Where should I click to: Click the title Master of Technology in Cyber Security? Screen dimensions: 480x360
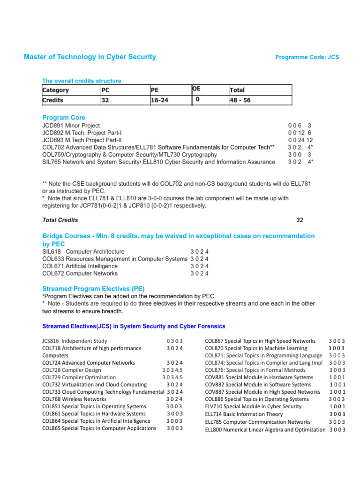pos(90,57)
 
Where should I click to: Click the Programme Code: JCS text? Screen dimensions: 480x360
pos(307,58)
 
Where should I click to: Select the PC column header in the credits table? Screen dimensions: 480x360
pos(105,90)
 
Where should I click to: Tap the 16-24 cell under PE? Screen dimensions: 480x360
pos(160,100)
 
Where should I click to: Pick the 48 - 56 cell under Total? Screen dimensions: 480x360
pos(240,100)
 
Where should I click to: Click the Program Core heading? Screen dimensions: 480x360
pos(64,118)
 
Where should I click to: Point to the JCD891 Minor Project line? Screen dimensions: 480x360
pos(71,126)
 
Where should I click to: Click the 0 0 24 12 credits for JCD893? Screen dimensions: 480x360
pos(300,140)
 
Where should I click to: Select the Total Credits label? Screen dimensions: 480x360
pos(60,220)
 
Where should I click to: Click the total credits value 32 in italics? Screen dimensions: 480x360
pos(300,220)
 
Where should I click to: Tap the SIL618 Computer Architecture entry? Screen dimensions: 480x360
pos(83,252)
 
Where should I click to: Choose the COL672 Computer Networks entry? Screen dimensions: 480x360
pos(80,273)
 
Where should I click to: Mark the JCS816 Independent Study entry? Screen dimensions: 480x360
pos(75,341)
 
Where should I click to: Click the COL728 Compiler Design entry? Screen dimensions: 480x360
pos(71,370)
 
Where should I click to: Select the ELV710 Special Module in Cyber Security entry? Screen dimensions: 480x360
pos(253,406)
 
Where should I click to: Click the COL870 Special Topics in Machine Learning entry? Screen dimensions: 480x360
pos(256,348)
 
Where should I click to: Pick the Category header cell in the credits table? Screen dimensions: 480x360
pos(56,90)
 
